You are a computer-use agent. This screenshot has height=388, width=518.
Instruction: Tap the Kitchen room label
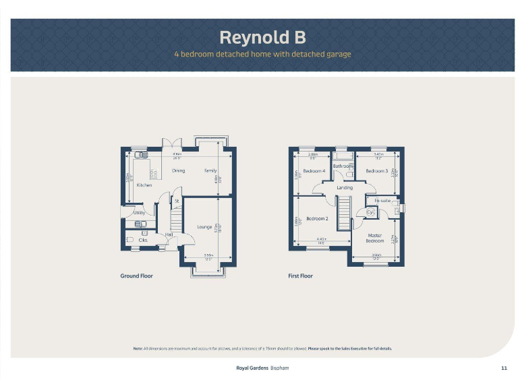(x=144, y=185)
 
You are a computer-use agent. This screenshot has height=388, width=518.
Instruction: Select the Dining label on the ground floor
(x=178, y=171)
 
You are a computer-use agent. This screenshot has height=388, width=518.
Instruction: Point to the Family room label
(x=210, y=171)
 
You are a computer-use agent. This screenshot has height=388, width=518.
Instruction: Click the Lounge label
(x=205, y=227)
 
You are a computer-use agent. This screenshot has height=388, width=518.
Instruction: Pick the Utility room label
(x=140, y=213)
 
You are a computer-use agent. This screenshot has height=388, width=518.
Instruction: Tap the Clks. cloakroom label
(x=143, y=240)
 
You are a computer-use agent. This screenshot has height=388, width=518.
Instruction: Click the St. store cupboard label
(x=176, y=201)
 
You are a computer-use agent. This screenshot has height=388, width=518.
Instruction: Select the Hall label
(x=169, y=234)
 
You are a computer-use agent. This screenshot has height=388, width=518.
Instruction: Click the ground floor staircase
(x=177, y=219)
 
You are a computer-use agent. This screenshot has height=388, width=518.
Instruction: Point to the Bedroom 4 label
(x=314, y=171)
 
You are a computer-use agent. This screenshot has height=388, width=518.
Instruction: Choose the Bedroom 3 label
(x=377, y=171)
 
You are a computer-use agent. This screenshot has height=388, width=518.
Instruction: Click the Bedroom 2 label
(x=317, y=219)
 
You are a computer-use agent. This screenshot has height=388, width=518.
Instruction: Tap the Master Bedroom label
(x=375, y=238)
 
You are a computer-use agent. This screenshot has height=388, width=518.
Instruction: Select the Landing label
(x=345, y=187)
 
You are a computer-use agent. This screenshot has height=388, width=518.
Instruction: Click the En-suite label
(x=382, y=201)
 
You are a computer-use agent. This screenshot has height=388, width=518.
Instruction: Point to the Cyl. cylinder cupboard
(x=370, y=214)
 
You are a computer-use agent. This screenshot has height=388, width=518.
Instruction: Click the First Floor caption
(x=300, y=276)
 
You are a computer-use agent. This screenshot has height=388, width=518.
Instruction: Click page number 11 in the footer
(x=505, y=368)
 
